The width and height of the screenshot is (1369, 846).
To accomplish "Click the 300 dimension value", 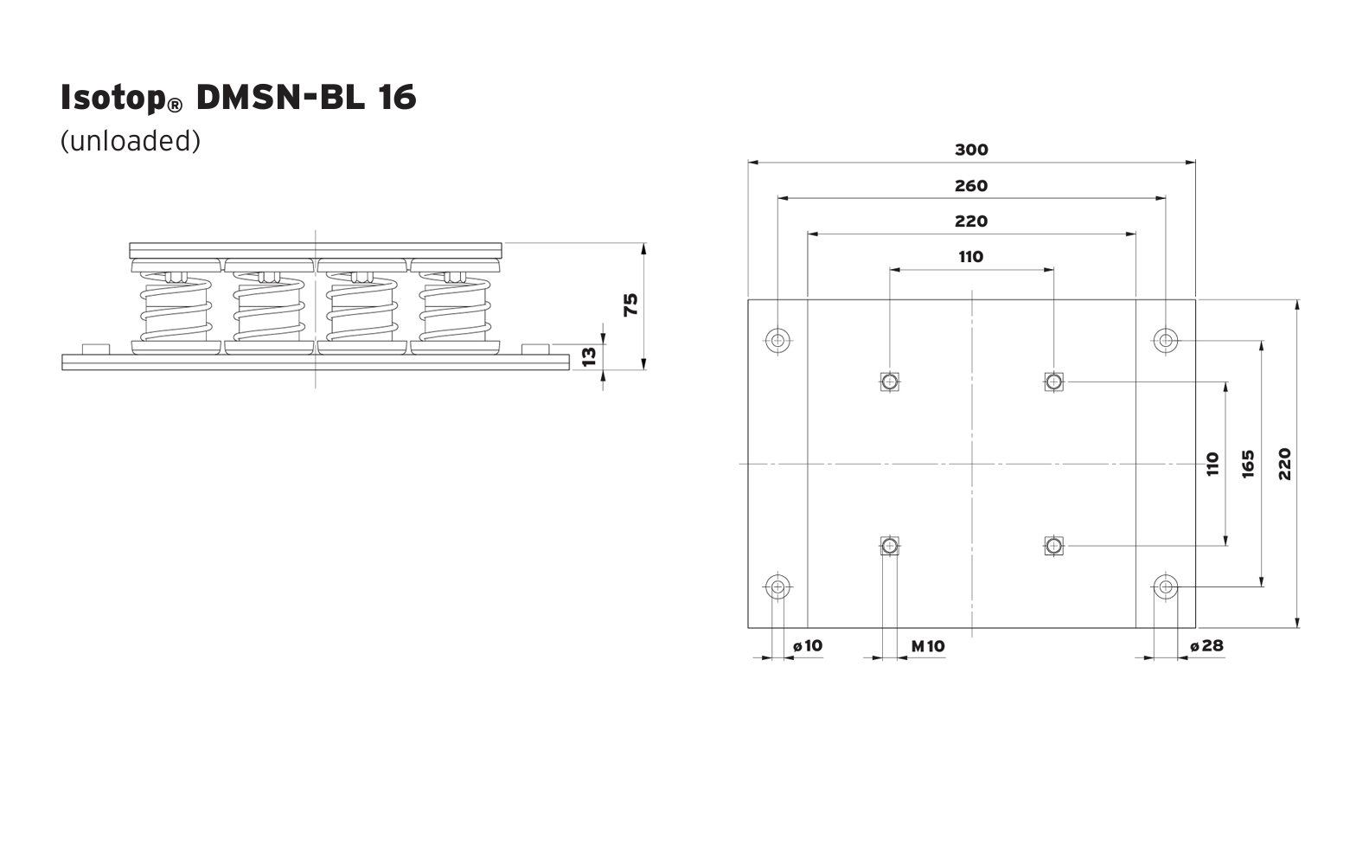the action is click(x=971, y=150).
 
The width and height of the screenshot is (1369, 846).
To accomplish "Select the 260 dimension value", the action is click(x=971, y=186).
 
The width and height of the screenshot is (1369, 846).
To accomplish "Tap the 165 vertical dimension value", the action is click(x=1248, y=464).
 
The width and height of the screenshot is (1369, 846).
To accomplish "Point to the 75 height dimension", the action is click(x=630, y=304).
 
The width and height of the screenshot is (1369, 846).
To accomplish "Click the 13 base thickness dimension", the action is click(x=589, y=356).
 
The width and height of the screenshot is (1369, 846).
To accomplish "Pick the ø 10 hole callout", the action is click(x=808, y=645).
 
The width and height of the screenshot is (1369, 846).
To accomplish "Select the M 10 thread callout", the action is click(x=928, y=646).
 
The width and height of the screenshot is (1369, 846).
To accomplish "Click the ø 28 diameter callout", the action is click(x=1206, y=645).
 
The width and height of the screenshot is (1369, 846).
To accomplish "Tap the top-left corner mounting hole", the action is click(x=778, y=340).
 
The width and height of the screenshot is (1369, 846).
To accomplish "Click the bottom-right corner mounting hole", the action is click(x=1166, y=587).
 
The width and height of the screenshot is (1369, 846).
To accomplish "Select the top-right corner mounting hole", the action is click(x=1166, y=340).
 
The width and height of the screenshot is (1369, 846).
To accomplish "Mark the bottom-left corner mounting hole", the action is click(x=778, y=587).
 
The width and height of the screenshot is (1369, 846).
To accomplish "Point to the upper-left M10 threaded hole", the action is click(x=890, y=382).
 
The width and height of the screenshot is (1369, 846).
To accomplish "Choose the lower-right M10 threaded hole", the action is click(x=1053, y=546).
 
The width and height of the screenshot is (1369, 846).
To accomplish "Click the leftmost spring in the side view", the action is click(x=176, y=307).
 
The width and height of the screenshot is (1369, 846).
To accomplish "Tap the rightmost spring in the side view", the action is click(x=455, y=307).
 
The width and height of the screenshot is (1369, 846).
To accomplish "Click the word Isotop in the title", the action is click(x=113, y=98).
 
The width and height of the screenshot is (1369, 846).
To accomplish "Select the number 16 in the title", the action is click(x=397, y=97).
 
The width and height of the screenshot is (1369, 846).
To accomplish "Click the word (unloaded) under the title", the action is click(x=131, y=141).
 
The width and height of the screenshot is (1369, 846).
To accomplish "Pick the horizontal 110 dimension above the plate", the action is click(x=971, y=257).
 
